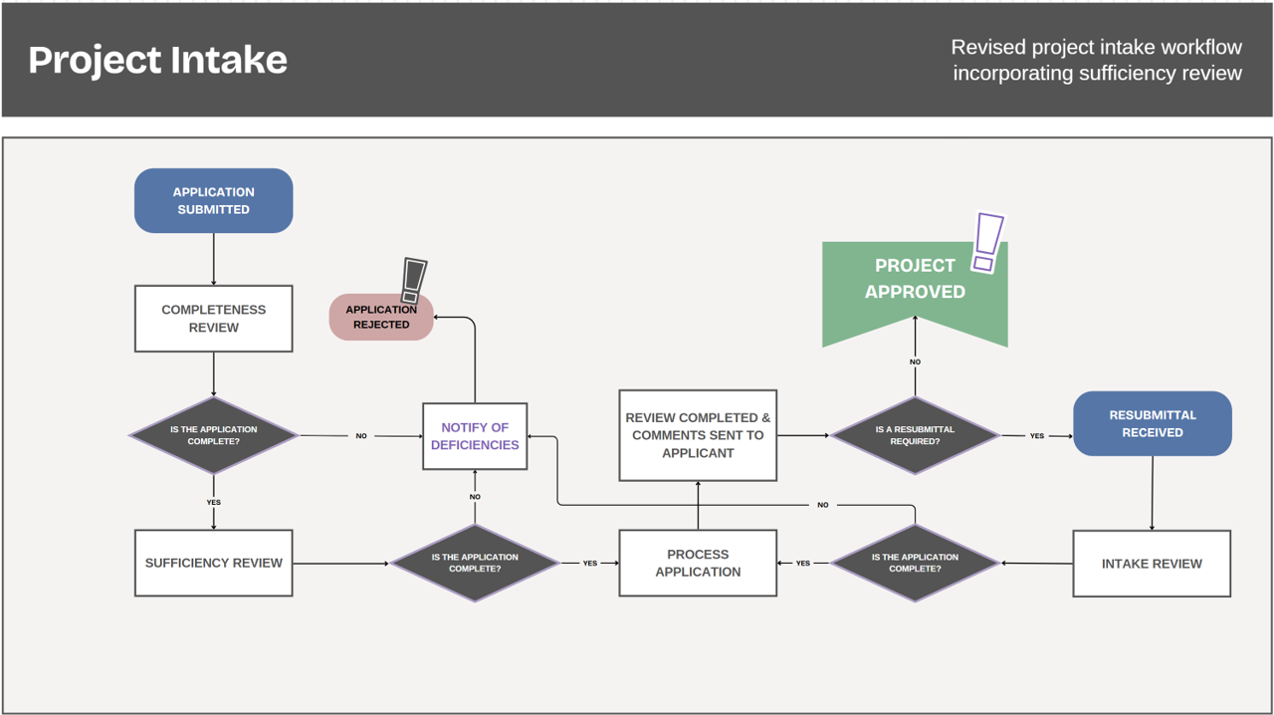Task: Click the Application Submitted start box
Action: coord(213,200)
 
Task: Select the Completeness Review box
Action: coord(213,319)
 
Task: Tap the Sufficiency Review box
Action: coord(213,563)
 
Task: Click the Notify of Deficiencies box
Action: coord(475,436)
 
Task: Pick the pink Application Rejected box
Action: coord(381,317)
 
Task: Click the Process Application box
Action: coord(698,563)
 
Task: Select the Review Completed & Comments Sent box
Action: coord(698,435)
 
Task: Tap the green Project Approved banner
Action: coord(914,284)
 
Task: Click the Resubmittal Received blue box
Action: coord(1153,423)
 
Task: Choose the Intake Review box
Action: coord(1152,564)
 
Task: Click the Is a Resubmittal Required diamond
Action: coord(914,435)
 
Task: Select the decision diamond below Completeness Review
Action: coord(213,435)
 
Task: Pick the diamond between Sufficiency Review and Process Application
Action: coord(475,563)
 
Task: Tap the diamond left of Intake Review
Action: coord(914,563)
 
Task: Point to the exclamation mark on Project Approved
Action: coord(987,241)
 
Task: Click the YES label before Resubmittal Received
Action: coord(1037,436)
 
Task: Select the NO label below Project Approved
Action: coord(915,362)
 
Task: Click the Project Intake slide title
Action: coord(157,60)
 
